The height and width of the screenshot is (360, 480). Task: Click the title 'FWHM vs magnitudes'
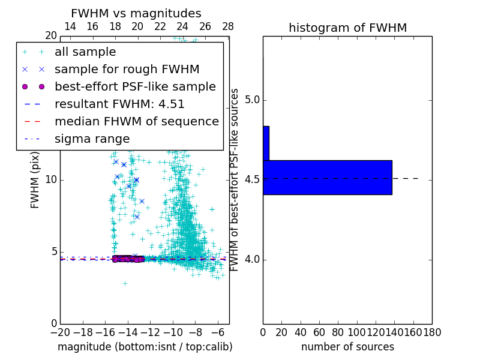click(136, 14)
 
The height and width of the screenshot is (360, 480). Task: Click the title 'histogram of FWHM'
click(347, 28)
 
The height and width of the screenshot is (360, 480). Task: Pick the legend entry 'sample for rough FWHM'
click(127, 70)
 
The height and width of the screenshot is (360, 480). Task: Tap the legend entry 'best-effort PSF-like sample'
click(135, 87)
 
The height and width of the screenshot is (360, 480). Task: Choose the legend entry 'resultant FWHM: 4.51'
click(119, 104)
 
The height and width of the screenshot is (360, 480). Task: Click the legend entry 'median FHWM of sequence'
click(136, 122)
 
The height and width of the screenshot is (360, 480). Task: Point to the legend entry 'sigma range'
click(92, 139)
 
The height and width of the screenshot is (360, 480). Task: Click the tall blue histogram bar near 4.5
click(327, 178)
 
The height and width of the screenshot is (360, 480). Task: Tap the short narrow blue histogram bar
click(266, 143)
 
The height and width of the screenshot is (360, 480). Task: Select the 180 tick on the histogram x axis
click(432, 332)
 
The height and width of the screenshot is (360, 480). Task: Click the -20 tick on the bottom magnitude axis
click(60, 332)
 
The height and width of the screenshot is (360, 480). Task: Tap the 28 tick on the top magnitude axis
click(228, 26)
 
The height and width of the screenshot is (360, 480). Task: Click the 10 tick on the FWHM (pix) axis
click(52, 180)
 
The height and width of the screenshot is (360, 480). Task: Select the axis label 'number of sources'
click(347, 347)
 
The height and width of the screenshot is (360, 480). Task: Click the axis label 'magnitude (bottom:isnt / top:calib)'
click(145, 347)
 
